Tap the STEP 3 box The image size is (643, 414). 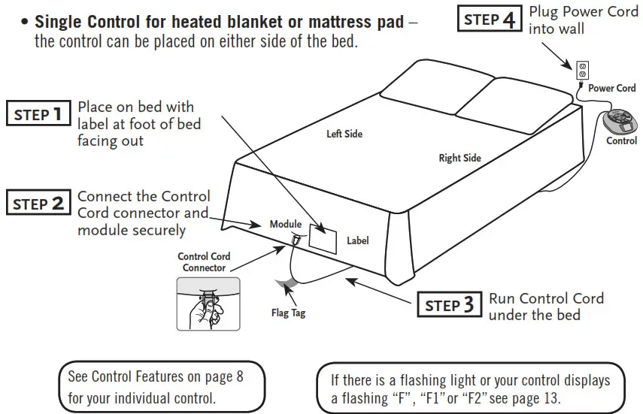449,305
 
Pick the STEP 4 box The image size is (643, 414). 489,20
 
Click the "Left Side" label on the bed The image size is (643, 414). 344,134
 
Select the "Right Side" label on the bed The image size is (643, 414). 460,158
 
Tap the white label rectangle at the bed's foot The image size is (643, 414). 324,237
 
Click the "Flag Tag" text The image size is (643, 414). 288,313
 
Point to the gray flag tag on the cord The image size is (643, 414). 286,284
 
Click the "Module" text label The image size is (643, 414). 285,224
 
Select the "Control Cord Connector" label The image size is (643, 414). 204,262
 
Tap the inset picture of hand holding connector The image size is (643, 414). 208,303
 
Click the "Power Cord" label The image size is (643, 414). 611,88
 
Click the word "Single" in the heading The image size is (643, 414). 59,22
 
